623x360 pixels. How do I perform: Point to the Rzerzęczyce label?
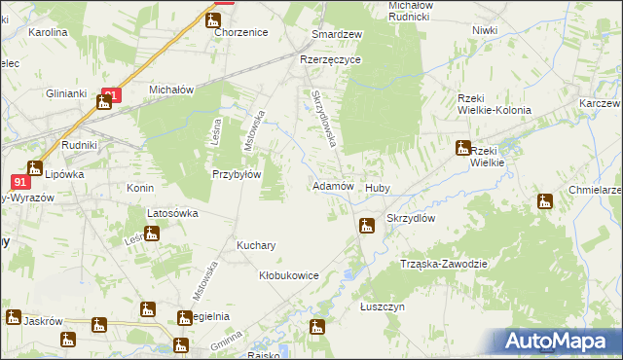pos(330,59)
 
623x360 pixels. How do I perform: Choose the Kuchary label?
pos(257,246)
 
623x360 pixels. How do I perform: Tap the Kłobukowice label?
pos(289,275)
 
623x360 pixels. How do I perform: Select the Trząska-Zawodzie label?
pos(443,264)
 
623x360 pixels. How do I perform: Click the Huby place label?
pos(377,188)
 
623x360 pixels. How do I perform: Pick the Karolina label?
pos(48,32)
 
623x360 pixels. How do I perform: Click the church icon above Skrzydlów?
pos(366,227)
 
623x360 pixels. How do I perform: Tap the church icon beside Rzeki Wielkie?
pos(462,148)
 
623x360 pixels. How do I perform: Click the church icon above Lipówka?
pos(35,167)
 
